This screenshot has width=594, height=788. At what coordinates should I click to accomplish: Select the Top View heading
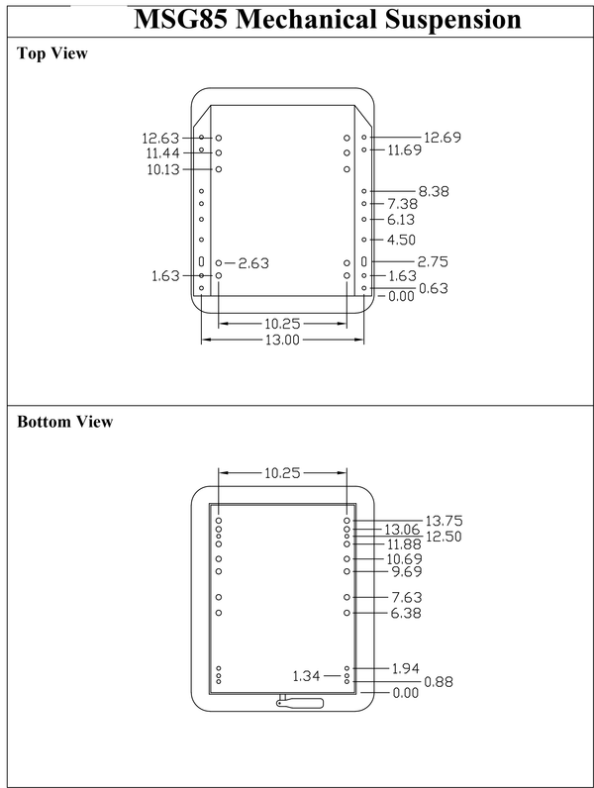[x=52, y=53]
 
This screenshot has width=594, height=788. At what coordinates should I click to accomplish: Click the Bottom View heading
[x=65, y=422]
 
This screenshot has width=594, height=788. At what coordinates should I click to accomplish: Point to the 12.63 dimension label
[x=160, y=139]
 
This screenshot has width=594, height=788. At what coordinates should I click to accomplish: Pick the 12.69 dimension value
[x=443, y=138]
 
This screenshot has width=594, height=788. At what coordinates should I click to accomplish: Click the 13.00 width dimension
[x=282, y=340]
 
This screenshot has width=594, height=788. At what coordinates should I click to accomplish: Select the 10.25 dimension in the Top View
[x=282, y=323]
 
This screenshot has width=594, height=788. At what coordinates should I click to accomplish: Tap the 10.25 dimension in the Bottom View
[x=282, y=473]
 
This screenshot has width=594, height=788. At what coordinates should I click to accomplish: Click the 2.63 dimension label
[x=253, y=263]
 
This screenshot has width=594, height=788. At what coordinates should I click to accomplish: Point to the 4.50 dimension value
[x=401, y=240]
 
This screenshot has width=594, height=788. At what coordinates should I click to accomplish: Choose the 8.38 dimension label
[x=434, y=191]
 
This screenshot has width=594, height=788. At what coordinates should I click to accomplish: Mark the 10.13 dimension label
[x=164, y=169]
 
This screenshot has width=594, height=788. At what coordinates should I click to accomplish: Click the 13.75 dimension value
[x=444, y=521]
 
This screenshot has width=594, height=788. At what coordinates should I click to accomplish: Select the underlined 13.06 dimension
[x=403, y=530]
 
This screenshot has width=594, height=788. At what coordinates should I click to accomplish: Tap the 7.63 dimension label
[x=407, y=597]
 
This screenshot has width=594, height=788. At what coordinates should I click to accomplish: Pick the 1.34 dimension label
[x=307, y=676]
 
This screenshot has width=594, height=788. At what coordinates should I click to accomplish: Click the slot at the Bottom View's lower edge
[x=301, y=702]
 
